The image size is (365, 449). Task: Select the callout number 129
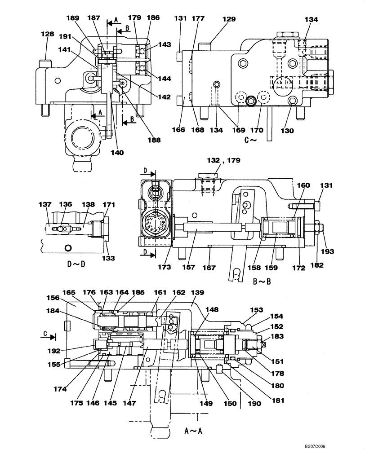coord(229,19)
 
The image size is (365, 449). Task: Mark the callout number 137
coord(45,205)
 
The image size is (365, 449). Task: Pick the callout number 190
coord(256,404)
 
